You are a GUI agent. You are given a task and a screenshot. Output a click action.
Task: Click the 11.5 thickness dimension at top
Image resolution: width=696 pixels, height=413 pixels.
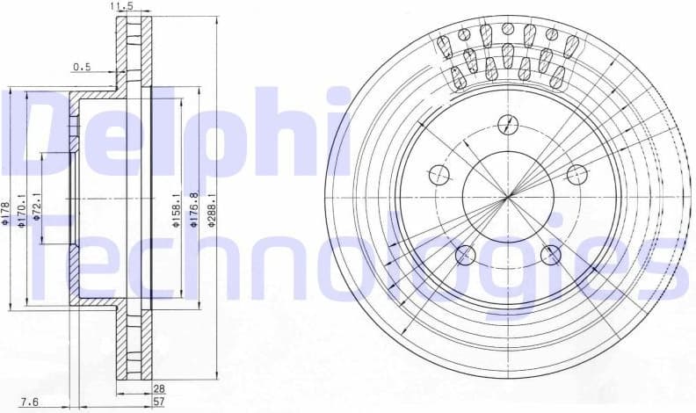(x=122, y=7)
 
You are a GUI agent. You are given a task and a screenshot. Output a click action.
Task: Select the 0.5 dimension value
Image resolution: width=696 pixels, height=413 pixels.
(x=82, y=66)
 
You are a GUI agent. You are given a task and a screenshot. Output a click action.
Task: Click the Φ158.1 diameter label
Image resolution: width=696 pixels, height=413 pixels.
(x=176, y=212)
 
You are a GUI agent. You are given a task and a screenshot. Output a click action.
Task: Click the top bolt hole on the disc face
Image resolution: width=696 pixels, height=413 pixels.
(x=507, y=125)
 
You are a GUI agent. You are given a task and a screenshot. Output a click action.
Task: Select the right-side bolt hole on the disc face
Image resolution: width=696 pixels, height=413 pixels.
(x=577, y=174)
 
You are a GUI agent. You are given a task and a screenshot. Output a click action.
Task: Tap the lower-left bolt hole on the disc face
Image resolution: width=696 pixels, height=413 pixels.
(x=465, y=256)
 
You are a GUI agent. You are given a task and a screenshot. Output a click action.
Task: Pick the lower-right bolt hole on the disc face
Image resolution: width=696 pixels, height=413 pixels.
(x=551, y=256)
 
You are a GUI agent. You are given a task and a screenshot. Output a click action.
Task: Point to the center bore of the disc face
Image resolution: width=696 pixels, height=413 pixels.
(x=507, y=197)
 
